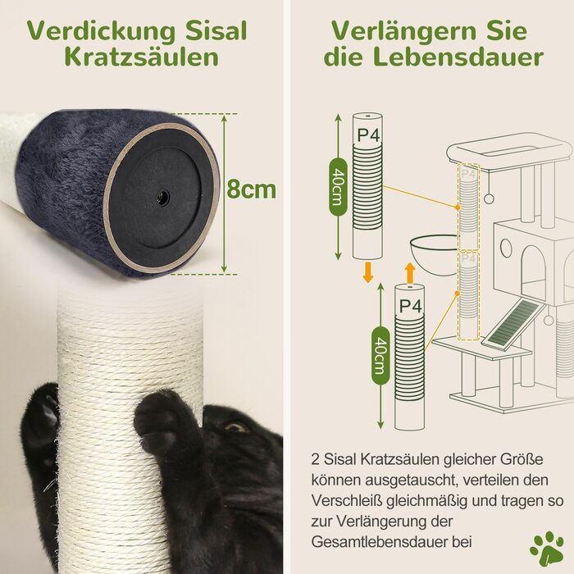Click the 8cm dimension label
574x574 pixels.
point(251,189)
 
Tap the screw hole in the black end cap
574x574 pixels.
point(162,198)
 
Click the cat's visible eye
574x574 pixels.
point(235,427)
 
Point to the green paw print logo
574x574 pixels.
point(546,549)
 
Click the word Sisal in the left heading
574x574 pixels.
point(216,31)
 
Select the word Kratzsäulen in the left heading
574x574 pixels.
point(142,57)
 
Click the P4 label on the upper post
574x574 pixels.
point(368,135)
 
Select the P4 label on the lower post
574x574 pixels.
point(410,306)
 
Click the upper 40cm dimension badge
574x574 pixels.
point(338,187)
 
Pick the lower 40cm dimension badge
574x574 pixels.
point(380,355)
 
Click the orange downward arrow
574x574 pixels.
point(367,272)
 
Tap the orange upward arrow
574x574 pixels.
point(410,272)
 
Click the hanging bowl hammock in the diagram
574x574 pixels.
point(434,254)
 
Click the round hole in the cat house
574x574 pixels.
point(506,247)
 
